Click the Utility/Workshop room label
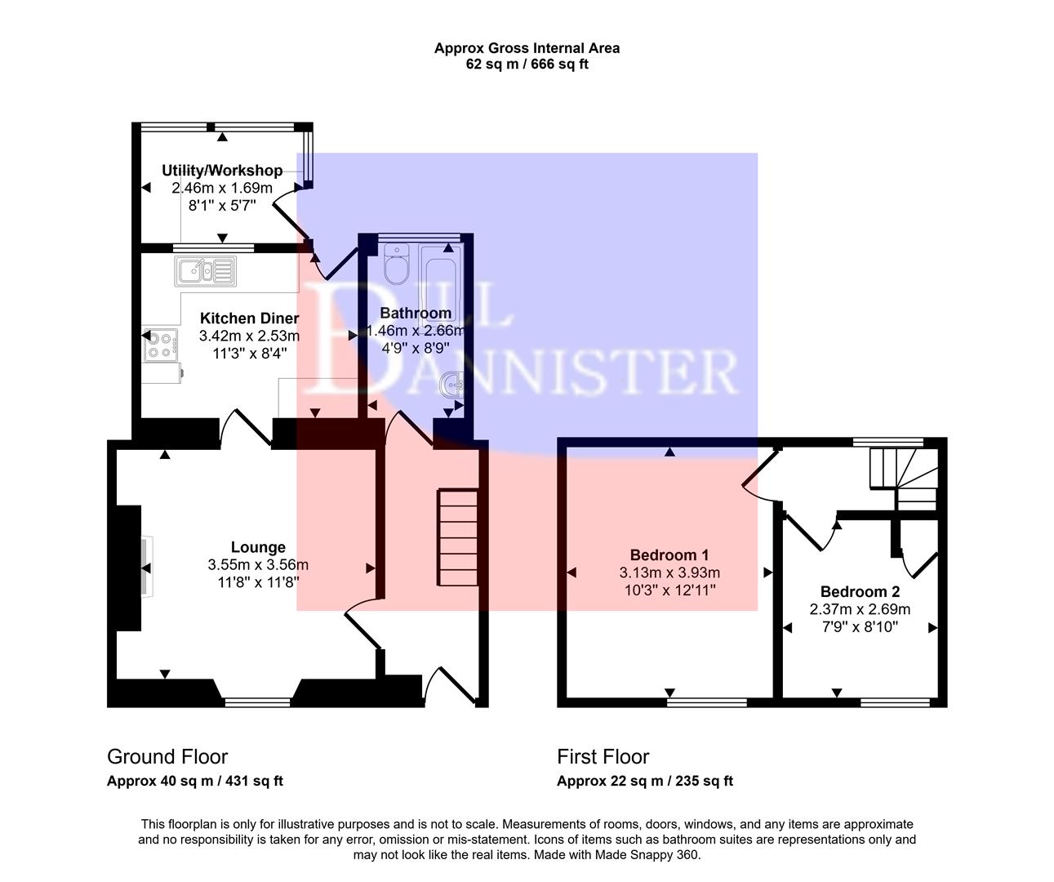(222, 170)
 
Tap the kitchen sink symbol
(205, 271)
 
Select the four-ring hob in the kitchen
(160, 345)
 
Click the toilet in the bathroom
(398, 265)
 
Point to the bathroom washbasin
(451, 385)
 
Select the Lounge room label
(258, 547)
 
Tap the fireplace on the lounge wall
(144, 568)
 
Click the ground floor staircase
(458, 537)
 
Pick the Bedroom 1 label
(669, 555)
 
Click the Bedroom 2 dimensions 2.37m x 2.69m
(860, 609)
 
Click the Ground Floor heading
(167, 756)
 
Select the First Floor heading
(603, 756)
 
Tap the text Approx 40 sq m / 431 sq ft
(195, 781)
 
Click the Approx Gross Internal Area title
(527, 48)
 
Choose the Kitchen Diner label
(250, 318)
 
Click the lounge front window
(257, 701)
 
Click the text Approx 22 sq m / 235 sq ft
(645, 781)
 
